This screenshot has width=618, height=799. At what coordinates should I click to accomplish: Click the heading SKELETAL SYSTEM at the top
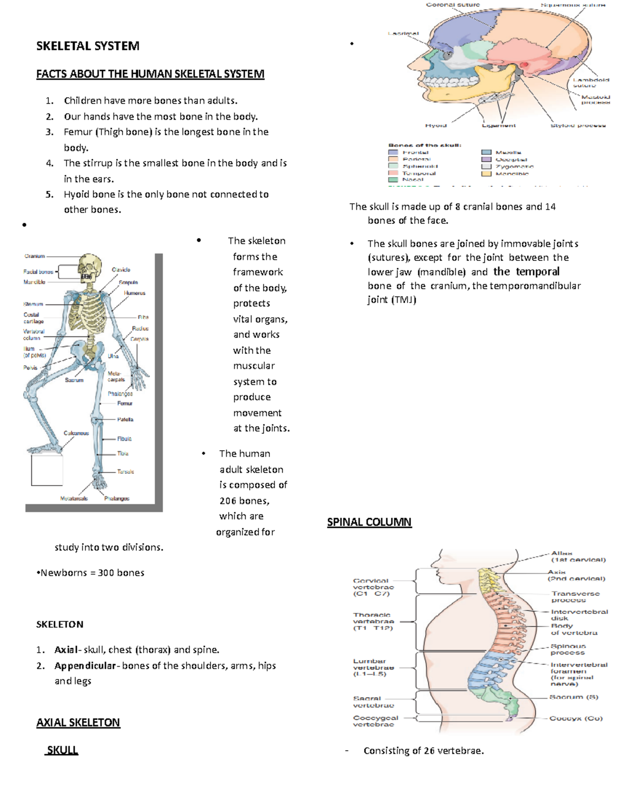(x=88, y=46)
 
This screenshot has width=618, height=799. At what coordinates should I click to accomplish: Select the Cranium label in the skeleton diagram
(x=35, y=256)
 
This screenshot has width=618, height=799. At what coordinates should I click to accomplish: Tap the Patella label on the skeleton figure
(x=125, y=420)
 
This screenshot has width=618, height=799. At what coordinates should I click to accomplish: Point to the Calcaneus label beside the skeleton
(x=76, y=433)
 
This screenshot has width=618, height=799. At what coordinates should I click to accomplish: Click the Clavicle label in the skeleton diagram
(x=121, y=270)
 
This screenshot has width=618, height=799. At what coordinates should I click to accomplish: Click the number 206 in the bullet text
(x=228, y=501)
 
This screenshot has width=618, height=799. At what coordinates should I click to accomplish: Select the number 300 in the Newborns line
(x=106, y=573)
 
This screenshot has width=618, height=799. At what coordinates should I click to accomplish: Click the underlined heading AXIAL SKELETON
(x=78, y=723)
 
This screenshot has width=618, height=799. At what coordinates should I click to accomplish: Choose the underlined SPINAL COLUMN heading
(x=369, y=523)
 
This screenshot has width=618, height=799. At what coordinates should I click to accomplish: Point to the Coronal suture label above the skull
(x=453, y=5)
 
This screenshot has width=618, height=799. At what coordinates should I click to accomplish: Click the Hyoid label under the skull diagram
(x=436, y=126)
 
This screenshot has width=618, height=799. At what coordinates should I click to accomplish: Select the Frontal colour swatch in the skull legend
(x=393, y=152)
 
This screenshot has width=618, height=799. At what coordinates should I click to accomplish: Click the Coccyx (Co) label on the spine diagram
(x=576, y=719)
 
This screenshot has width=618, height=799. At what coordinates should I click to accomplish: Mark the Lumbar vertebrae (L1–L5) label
(x=373, y=668)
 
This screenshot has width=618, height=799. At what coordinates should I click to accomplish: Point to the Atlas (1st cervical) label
(x=578, y=557)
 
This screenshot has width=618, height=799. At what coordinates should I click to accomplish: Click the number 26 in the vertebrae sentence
(x=430, y=751)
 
